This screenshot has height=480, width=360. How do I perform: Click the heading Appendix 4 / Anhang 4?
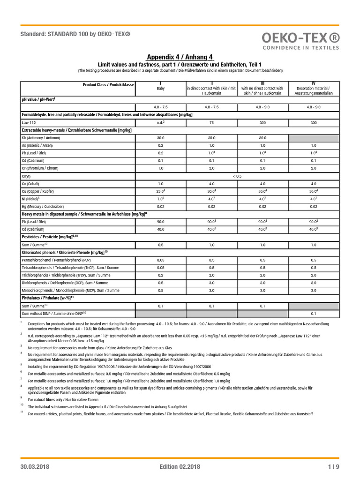pos(180,57)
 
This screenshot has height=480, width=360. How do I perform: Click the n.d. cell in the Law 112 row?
pos(160,122)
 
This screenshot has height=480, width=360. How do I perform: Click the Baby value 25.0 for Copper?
pos(160,191)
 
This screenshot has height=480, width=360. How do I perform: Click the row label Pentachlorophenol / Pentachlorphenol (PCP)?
pos(57,260)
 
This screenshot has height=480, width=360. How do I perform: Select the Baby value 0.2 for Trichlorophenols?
pos(160,275)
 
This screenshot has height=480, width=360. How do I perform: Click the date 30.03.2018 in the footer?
pos(35,466)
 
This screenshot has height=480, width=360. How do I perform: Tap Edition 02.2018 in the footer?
pos(180,466)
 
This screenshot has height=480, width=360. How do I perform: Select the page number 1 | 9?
pos(334,466)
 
